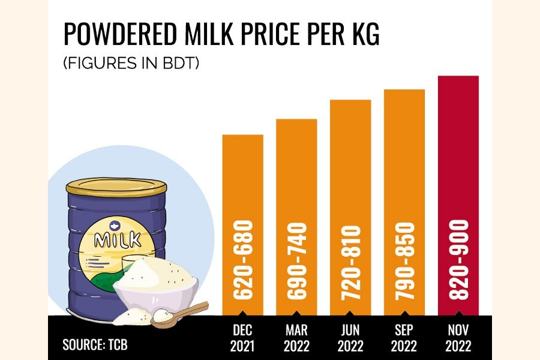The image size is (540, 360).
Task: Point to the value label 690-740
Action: [297, 261]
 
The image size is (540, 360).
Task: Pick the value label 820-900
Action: [459, 261]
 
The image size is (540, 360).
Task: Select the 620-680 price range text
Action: [243, 261]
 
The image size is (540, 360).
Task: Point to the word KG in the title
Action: [363, 36]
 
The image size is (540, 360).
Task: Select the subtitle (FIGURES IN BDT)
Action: [131, 63]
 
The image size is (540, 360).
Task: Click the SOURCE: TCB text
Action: [95, 345]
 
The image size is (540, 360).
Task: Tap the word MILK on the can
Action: [118, 240]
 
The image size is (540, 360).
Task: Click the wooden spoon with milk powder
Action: [177, 315]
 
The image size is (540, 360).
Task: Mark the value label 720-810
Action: [351, 261]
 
